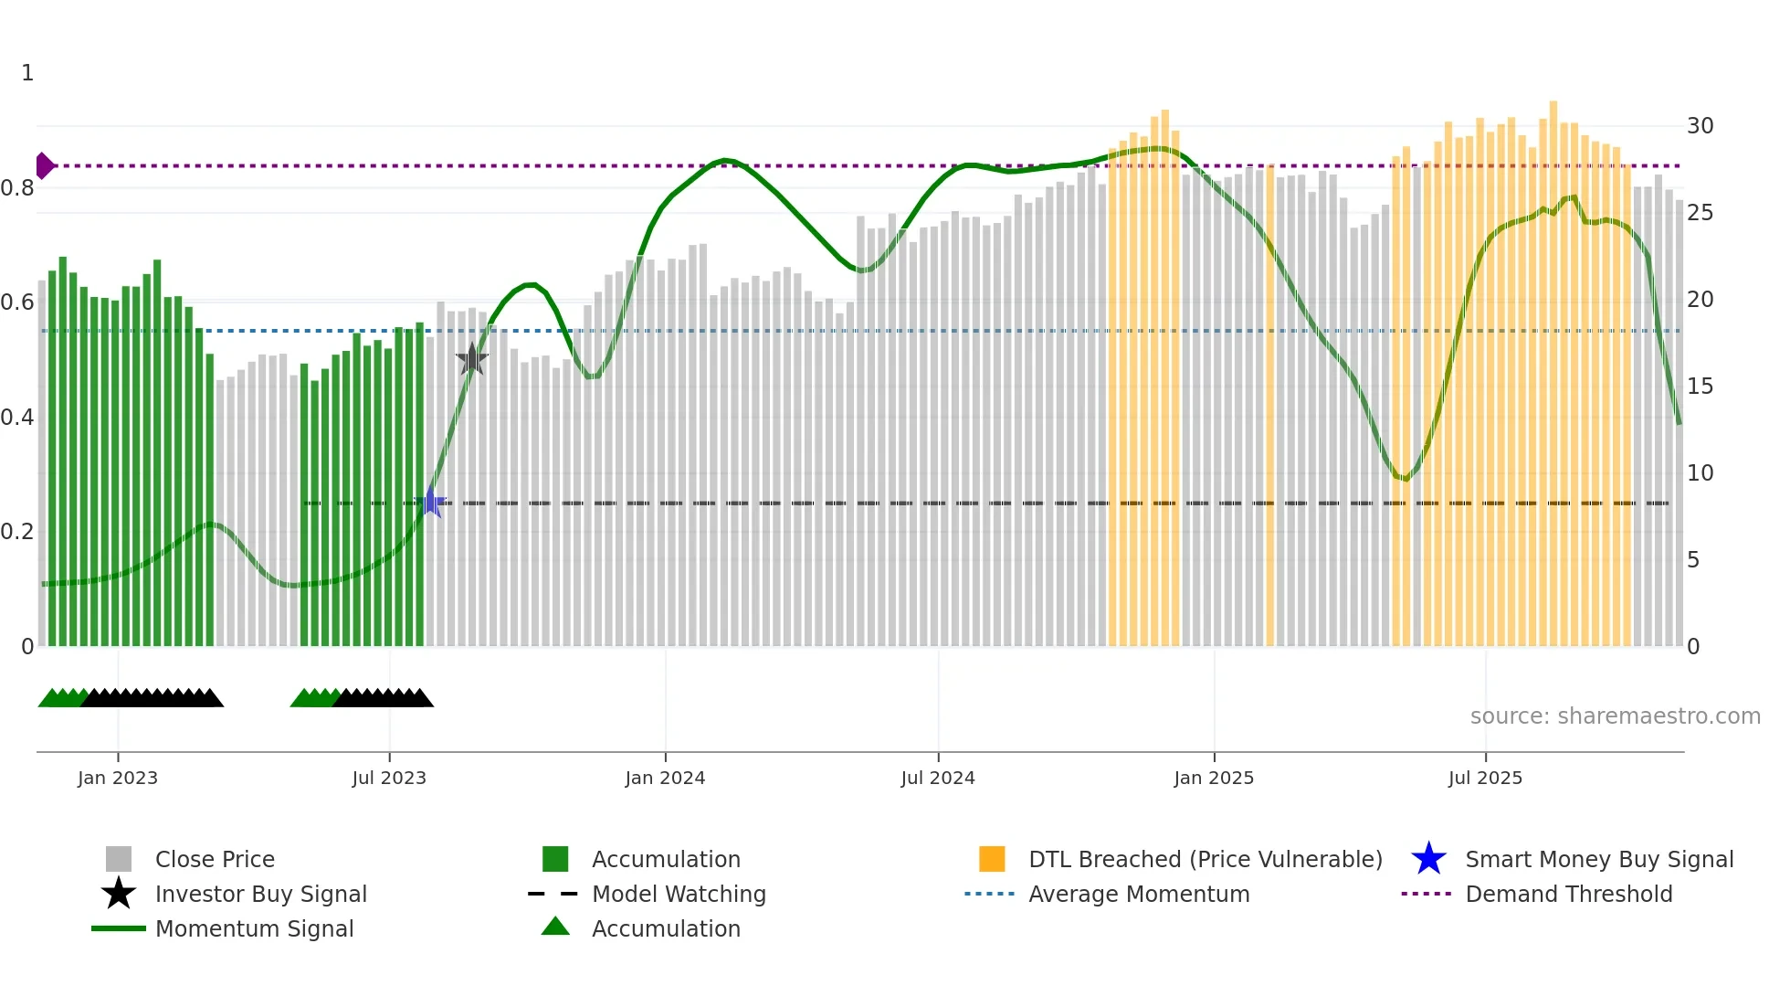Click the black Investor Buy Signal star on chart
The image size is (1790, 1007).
tap(471, 359)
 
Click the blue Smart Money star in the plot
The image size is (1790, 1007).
tap(430, 503)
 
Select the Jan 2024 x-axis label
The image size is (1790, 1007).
tap(665, 778)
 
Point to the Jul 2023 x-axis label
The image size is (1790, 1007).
tap(389, 778)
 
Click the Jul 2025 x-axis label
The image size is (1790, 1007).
tap(1485, 778)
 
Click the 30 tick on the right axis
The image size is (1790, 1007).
tap(1700, 126)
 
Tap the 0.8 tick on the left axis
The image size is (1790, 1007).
tap(18, 188)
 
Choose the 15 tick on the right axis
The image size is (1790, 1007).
tap(1700, 387)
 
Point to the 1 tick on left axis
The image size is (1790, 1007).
tap(27, 73)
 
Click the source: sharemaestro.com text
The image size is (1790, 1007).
tap(1615, 716)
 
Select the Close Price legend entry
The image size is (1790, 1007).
tap(215, 859)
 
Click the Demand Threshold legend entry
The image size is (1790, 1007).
tap(1568, 894)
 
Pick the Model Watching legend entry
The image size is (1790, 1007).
tap(679, 894)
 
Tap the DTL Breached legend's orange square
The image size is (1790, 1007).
tap(992, 859)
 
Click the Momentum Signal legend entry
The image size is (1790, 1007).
tap(254, 928)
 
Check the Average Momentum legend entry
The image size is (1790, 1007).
tap(1139, 894)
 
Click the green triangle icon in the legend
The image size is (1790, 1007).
tap(555, 927)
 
